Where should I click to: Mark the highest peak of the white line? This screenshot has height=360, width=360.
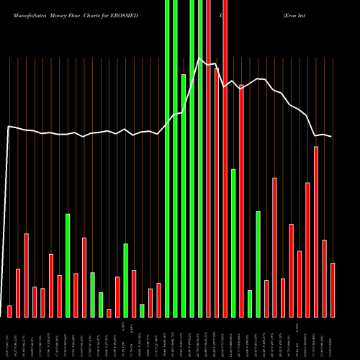pyautogui.click(x=200, y=60)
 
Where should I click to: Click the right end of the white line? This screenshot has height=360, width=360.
pyautogui.click(x=332, y=137)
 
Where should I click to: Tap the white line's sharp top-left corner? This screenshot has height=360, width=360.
pyautogui.click(x=9, y=127)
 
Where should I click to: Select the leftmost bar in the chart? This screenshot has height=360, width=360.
pyautogui.click(x=9, y=311)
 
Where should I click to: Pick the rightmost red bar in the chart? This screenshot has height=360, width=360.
pyautogui.click(x=333, y=289)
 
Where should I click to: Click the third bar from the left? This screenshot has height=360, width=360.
pyautogui.click(x=26, y=275)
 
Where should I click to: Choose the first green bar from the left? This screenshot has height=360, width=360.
pyautogui.click(x=68, y=265)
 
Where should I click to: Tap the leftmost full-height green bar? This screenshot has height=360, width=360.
pyautogui.click(x=167, y=158)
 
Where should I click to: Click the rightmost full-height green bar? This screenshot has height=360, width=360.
pyautogui.click(x=200, y=158)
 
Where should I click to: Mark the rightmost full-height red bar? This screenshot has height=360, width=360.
pyautogui.click(x=225, y=158)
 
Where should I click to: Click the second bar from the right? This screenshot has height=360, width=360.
pyautogui.click(x=325, y=278)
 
